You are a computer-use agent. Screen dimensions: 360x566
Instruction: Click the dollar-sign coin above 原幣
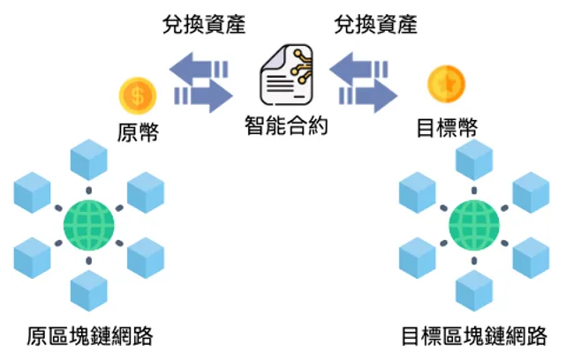coord(138,93)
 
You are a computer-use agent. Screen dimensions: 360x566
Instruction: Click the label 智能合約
coord(286,125)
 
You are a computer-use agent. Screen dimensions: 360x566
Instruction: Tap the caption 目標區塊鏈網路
coord(473,336)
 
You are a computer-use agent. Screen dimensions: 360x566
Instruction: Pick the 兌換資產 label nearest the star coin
coord(376,25)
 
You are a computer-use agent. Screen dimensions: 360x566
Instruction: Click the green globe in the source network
coord(88,226)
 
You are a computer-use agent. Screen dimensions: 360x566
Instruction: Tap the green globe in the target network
coord(474,225)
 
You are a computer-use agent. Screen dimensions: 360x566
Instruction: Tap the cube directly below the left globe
coord(88,290)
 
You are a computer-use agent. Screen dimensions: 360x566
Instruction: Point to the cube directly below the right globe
coord(475,290)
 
